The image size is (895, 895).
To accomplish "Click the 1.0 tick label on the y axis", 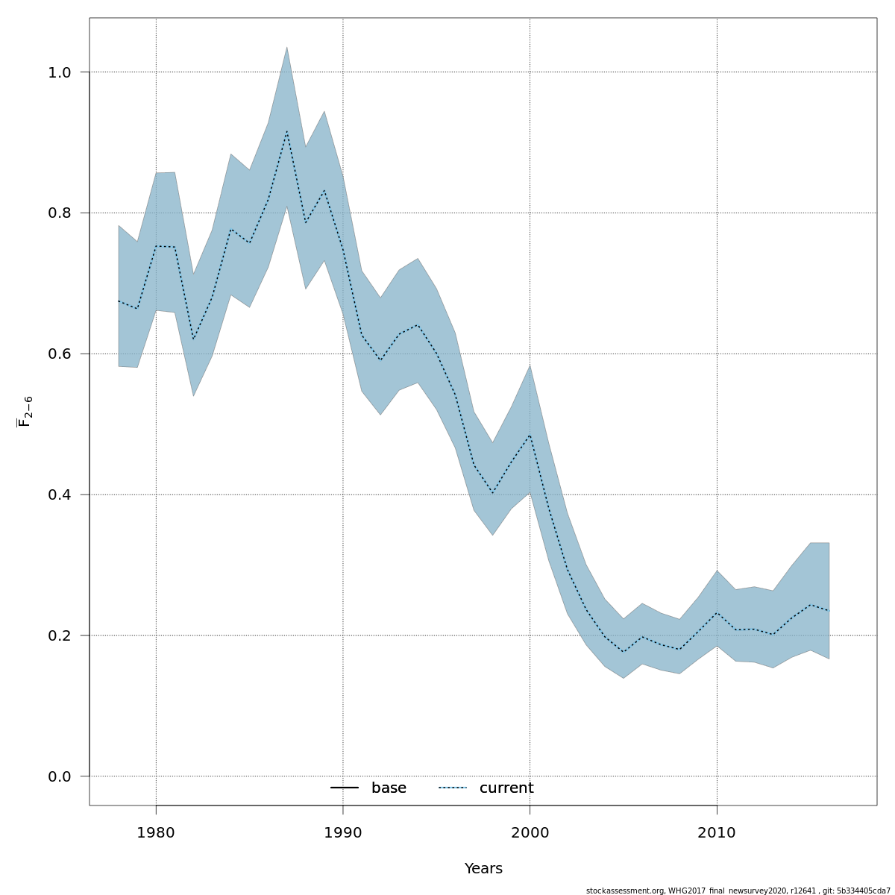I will click(x=59, y=72).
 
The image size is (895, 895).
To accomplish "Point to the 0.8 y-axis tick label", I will click(x=59, y=213).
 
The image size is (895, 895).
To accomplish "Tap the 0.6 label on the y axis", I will click(x=59, y=354).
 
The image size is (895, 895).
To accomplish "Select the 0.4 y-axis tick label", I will click(x=59, y=495).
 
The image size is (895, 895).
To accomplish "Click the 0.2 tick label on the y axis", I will click(x=59, y=636).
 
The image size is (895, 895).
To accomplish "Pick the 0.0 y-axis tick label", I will click(x=59, y=777).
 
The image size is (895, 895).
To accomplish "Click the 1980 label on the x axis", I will click(x=156, y=832).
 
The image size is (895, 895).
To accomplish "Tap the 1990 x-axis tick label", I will click(x=343, y=832).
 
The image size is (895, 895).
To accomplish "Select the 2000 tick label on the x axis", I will click(x=530, y=832).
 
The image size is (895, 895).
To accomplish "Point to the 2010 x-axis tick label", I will click(x=717, y=832).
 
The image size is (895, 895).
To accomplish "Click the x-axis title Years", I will click(x=483, y=869).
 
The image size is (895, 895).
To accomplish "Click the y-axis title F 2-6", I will click(x=25, y=411).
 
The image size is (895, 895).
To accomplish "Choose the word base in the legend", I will click(x=389, y=788).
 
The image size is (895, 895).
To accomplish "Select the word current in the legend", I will click(x=506, y=788).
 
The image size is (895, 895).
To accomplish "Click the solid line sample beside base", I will click(x=345, y=788).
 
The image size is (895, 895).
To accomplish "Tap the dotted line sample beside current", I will click(x=452, y=788).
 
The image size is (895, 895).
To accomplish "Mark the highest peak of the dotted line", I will click(x=287, y=131).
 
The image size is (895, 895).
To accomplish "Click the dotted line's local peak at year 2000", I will click(x=530, y=435).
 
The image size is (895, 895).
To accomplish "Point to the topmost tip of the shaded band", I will click(x=287, y=47).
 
